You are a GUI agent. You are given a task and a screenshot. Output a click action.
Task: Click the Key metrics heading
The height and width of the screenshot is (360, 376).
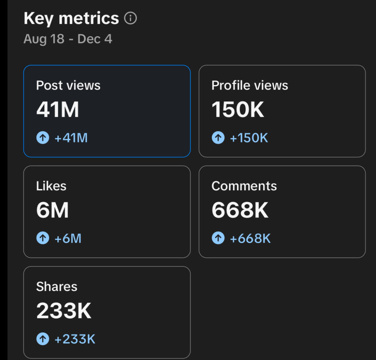coord(71,18)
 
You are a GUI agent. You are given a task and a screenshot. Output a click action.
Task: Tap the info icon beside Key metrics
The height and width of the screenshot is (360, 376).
coord(130,18)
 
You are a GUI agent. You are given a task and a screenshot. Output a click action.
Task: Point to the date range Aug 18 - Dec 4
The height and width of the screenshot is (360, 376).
coord(68,39)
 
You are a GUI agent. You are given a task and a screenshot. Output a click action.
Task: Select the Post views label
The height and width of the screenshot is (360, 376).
coord(68,85)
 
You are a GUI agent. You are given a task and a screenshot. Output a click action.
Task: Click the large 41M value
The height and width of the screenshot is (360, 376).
coord(58,110)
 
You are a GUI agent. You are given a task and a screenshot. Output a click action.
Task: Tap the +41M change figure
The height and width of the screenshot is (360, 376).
coord(71,138)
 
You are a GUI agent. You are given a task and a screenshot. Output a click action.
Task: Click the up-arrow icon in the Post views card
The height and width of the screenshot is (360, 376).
coord(42,138)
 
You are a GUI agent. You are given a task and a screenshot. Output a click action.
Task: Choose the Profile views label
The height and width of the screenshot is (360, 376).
coord(250,85)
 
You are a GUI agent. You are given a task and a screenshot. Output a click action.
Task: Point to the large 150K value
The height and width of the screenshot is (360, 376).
coord(238,110)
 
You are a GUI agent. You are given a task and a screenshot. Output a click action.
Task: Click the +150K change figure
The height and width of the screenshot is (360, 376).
coord(249,138)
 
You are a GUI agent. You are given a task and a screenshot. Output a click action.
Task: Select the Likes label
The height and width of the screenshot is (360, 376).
coord(51,186)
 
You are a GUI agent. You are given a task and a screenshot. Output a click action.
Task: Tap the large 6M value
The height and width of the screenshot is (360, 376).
coord(52,210)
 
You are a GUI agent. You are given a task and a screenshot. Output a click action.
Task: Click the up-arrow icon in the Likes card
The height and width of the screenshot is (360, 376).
coord(42,239)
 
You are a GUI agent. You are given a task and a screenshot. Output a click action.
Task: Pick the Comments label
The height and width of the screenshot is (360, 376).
coord(244,186)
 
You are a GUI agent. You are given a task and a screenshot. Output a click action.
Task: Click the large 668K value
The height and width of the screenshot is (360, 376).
coord(240,210)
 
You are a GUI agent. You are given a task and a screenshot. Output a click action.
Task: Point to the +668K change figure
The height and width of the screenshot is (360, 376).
coord(250,239)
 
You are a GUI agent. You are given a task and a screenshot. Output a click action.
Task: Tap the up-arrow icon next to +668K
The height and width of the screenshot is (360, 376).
coord(218,239)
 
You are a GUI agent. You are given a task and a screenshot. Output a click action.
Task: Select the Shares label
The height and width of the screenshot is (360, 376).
coord(56,286)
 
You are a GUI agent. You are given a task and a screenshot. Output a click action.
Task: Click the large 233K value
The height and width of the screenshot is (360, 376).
coord(64,311)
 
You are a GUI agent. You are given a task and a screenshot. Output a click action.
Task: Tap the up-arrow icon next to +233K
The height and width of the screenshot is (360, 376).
coord(42,340)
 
